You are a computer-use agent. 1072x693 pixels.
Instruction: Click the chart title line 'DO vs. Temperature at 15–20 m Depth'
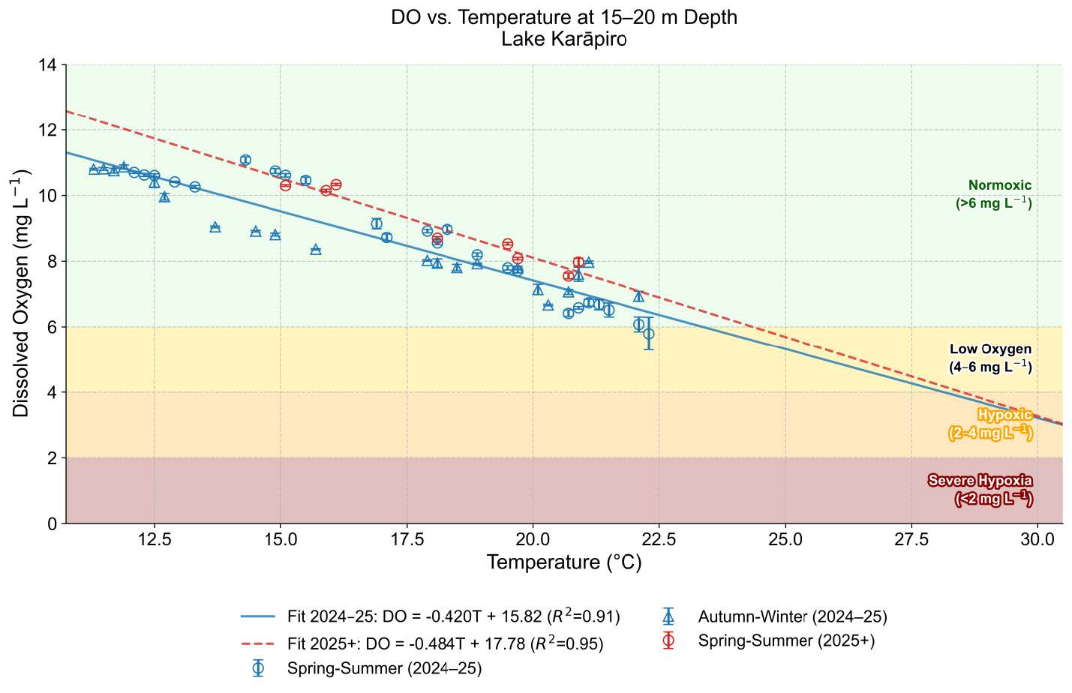563,17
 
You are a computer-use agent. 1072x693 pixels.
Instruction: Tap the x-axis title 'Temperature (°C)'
563,562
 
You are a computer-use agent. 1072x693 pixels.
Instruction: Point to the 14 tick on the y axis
47,65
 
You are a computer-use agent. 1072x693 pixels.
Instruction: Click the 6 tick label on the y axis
52,327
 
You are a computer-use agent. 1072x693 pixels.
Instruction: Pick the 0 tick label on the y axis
52,523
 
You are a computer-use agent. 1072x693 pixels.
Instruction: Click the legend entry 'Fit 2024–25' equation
453,617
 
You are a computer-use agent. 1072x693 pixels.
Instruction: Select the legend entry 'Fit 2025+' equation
445,643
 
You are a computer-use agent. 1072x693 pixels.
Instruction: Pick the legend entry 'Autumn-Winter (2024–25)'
792,617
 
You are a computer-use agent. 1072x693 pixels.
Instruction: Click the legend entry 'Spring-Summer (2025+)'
786,641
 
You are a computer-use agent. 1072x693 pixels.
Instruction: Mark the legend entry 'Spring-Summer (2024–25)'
384,669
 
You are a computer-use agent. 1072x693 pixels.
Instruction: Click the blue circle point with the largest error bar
649,334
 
